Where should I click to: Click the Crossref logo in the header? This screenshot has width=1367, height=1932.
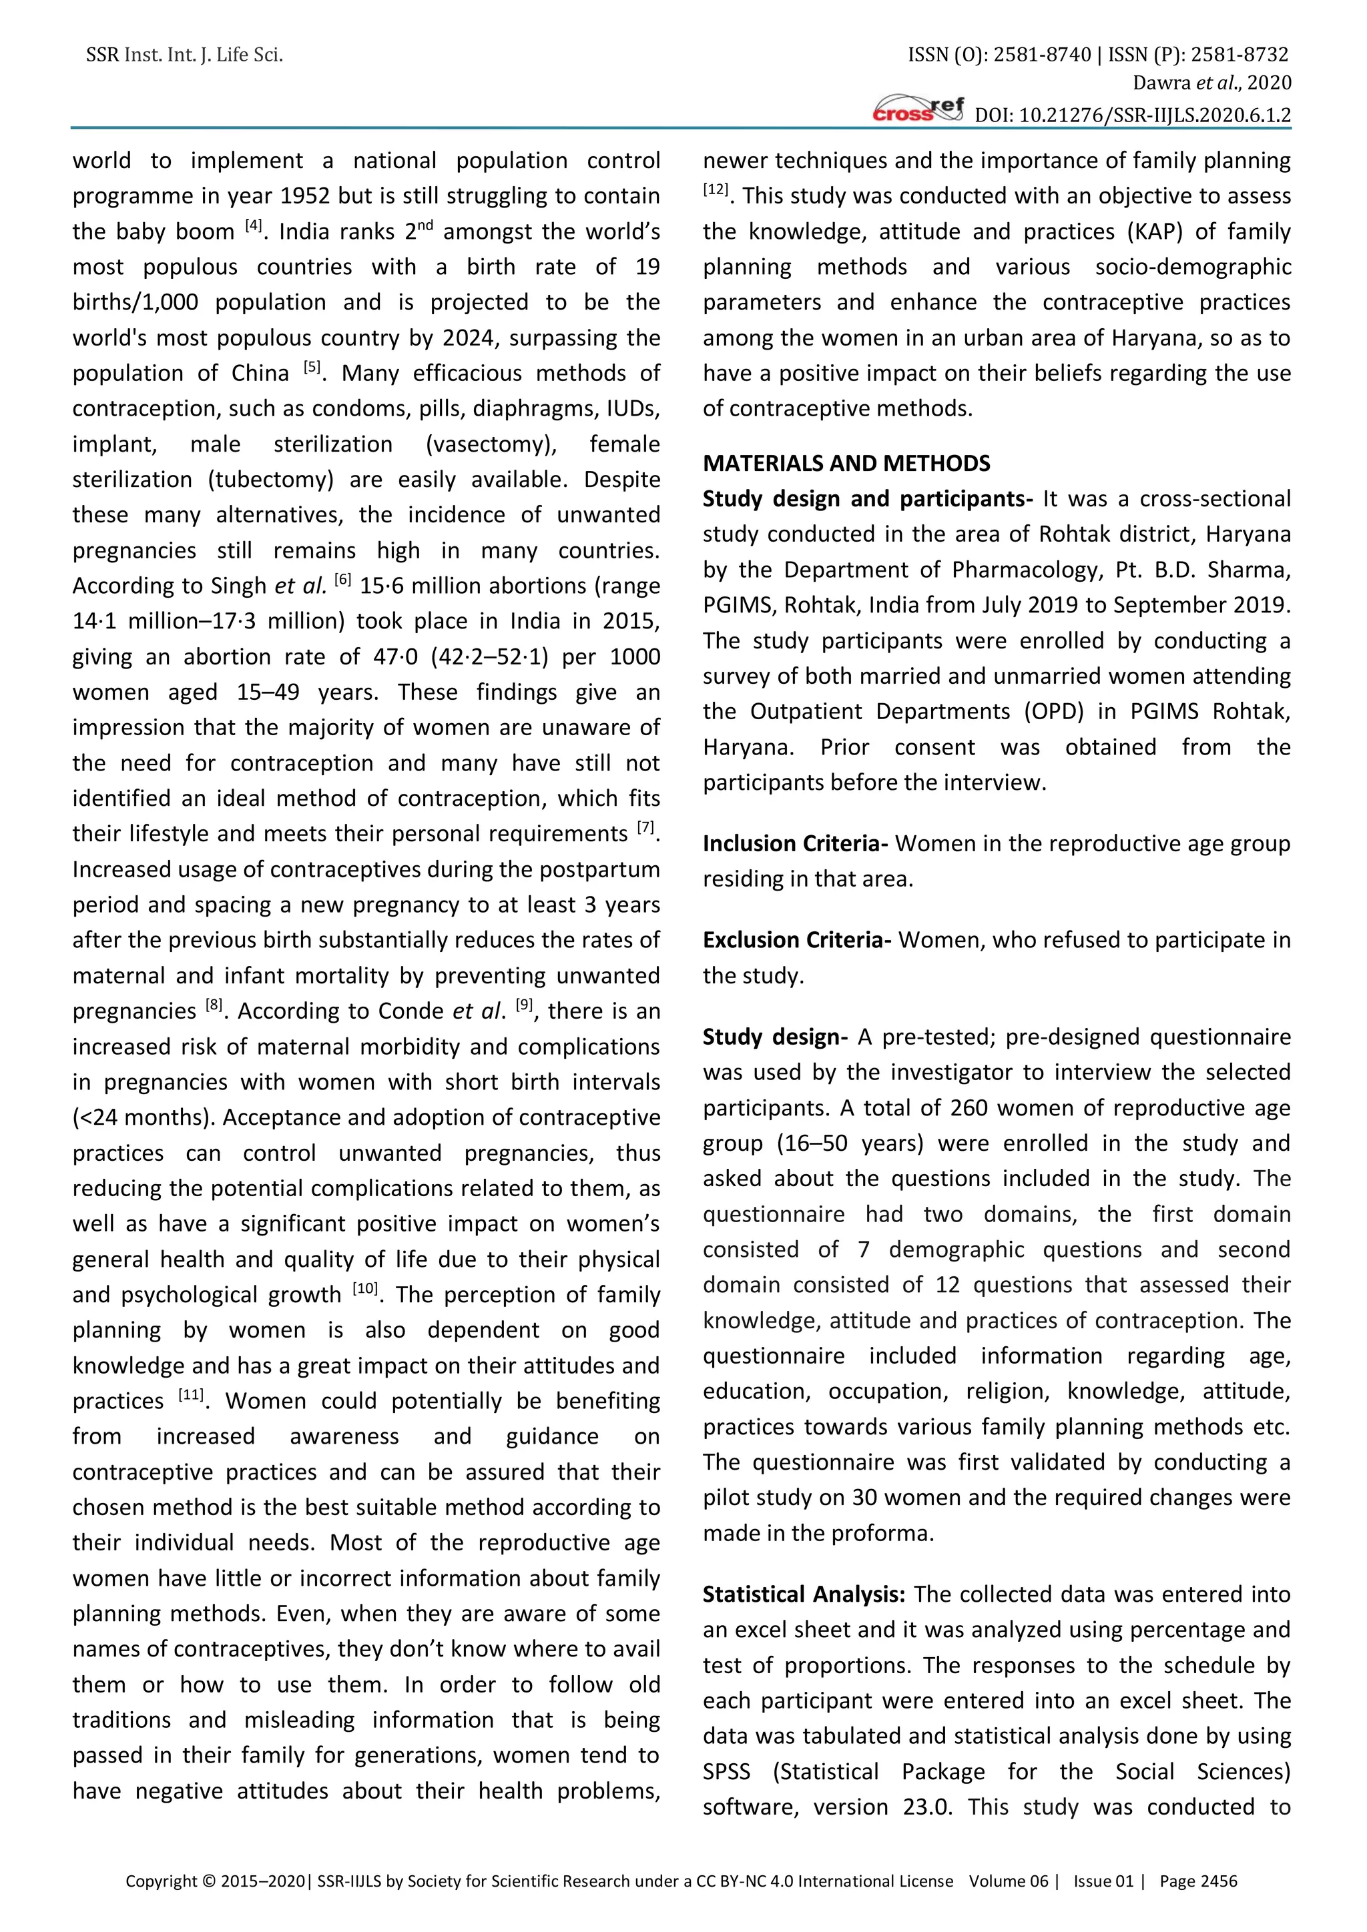pyautogui.click(x=918, y=109)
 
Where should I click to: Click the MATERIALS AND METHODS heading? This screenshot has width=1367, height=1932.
pyautogui.click(x=846, y=464)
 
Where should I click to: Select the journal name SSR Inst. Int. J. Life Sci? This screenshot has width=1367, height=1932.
pyautogui.click(x=184, y=55)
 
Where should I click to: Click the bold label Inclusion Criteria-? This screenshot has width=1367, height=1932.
pyautogui.click(x=796, y=843)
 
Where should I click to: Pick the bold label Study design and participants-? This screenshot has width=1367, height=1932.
pyautogui.click(x=868, y=499)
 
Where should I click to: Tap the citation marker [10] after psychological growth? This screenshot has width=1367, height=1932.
pyautogui.click(x=364, y=1289)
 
